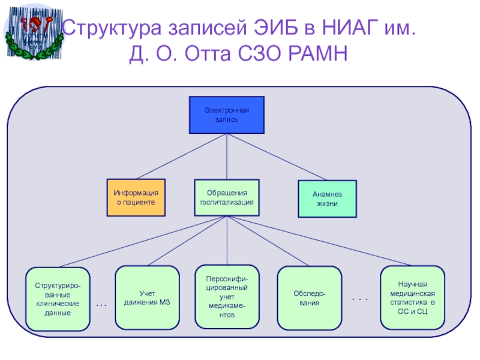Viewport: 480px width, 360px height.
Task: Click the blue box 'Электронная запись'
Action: click(x=226, y=115)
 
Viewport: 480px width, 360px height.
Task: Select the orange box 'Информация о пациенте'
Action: click(x=136, y=197)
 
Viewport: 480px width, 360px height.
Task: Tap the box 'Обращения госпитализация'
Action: click(x=227, y=197)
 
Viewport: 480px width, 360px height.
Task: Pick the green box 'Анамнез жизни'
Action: click(x=327, y=199)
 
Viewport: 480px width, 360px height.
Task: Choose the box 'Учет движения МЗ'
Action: click(x=147, y=298)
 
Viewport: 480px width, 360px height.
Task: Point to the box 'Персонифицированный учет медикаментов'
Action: click(x=227, y=297)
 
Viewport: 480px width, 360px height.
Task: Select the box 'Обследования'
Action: click(x=309, y=298)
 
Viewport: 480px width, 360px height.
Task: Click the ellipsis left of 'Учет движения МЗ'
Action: click(x=101, y=305)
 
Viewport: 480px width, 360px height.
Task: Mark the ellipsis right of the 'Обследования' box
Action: click(x=359, y=298)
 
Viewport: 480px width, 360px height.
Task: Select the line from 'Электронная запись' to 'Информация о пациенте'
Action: click(x=180, y=157)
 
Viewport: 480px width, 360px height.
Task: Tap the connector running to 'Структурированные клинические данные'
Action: click(x=141, y=242)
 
